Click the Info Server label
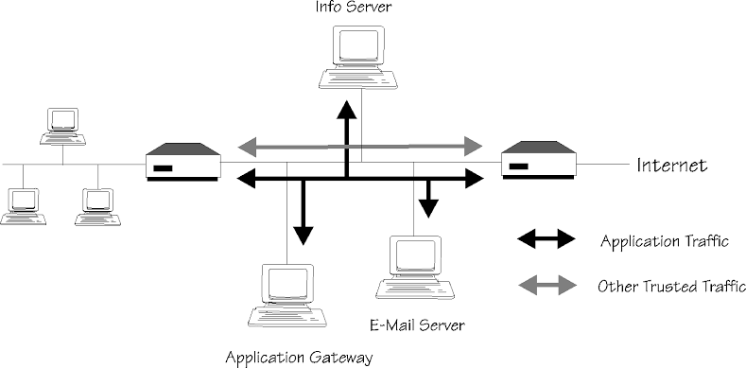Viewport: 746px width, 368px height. pos(353,7)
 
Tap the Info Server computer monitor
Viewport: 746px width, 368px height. pos(358,45)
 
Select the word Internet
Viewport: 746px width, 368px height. pos(672,166)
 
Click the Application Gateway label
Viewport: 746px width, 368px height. pos(299,357)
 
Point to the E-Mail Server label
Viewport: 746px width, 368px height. pos(417,325)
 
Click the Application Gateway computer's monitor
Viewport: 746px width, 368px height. pos(287,284)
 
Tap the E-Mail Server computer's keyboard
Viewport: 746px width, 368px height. pos(415,289)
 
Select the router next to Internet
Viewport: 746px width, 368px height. pos(539,160)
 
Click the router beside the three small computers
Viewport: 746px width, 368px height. pos(183,162)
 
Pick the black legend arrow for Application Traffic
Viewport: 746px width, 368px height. pos(546,239)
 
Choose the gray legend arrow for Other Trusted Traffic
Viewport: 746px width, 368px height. pos(547,285)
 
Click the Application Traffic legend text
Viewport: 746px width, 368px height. pos(664,241)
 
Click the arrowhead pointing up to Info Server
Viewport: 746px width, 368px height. pos(347,109)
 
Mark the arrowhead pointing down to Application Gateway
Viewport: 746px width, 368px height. pos(304,236)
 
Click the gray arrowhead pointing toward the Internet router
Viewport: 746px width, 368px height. pos(473,146)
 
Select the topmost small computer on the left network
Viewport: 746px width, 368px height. pos(62,126)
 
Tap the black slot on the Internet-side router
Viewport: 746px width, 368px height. pos(518,166)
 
